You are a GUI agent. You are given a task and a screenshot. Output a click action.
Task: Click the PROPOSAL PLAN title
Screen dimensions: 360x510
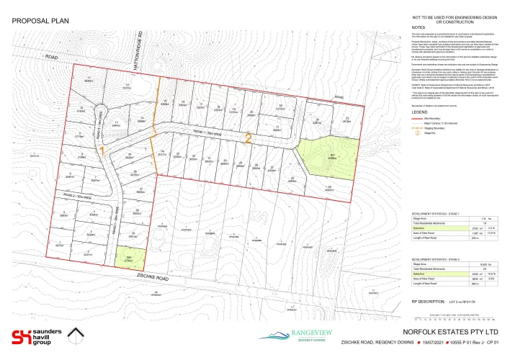tap(42, 21)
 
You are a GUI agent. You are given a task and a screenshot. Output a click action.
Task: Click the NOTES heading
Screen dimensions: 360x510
tap(419, 27)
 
